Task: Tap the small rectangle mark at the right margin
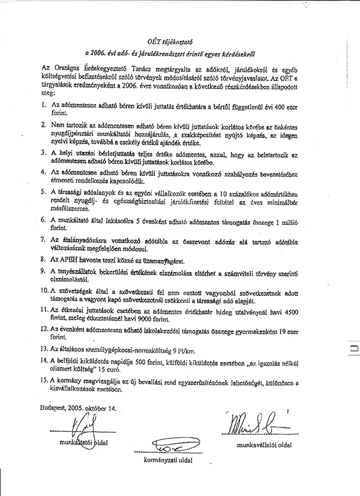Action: (x=354, y=348)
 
